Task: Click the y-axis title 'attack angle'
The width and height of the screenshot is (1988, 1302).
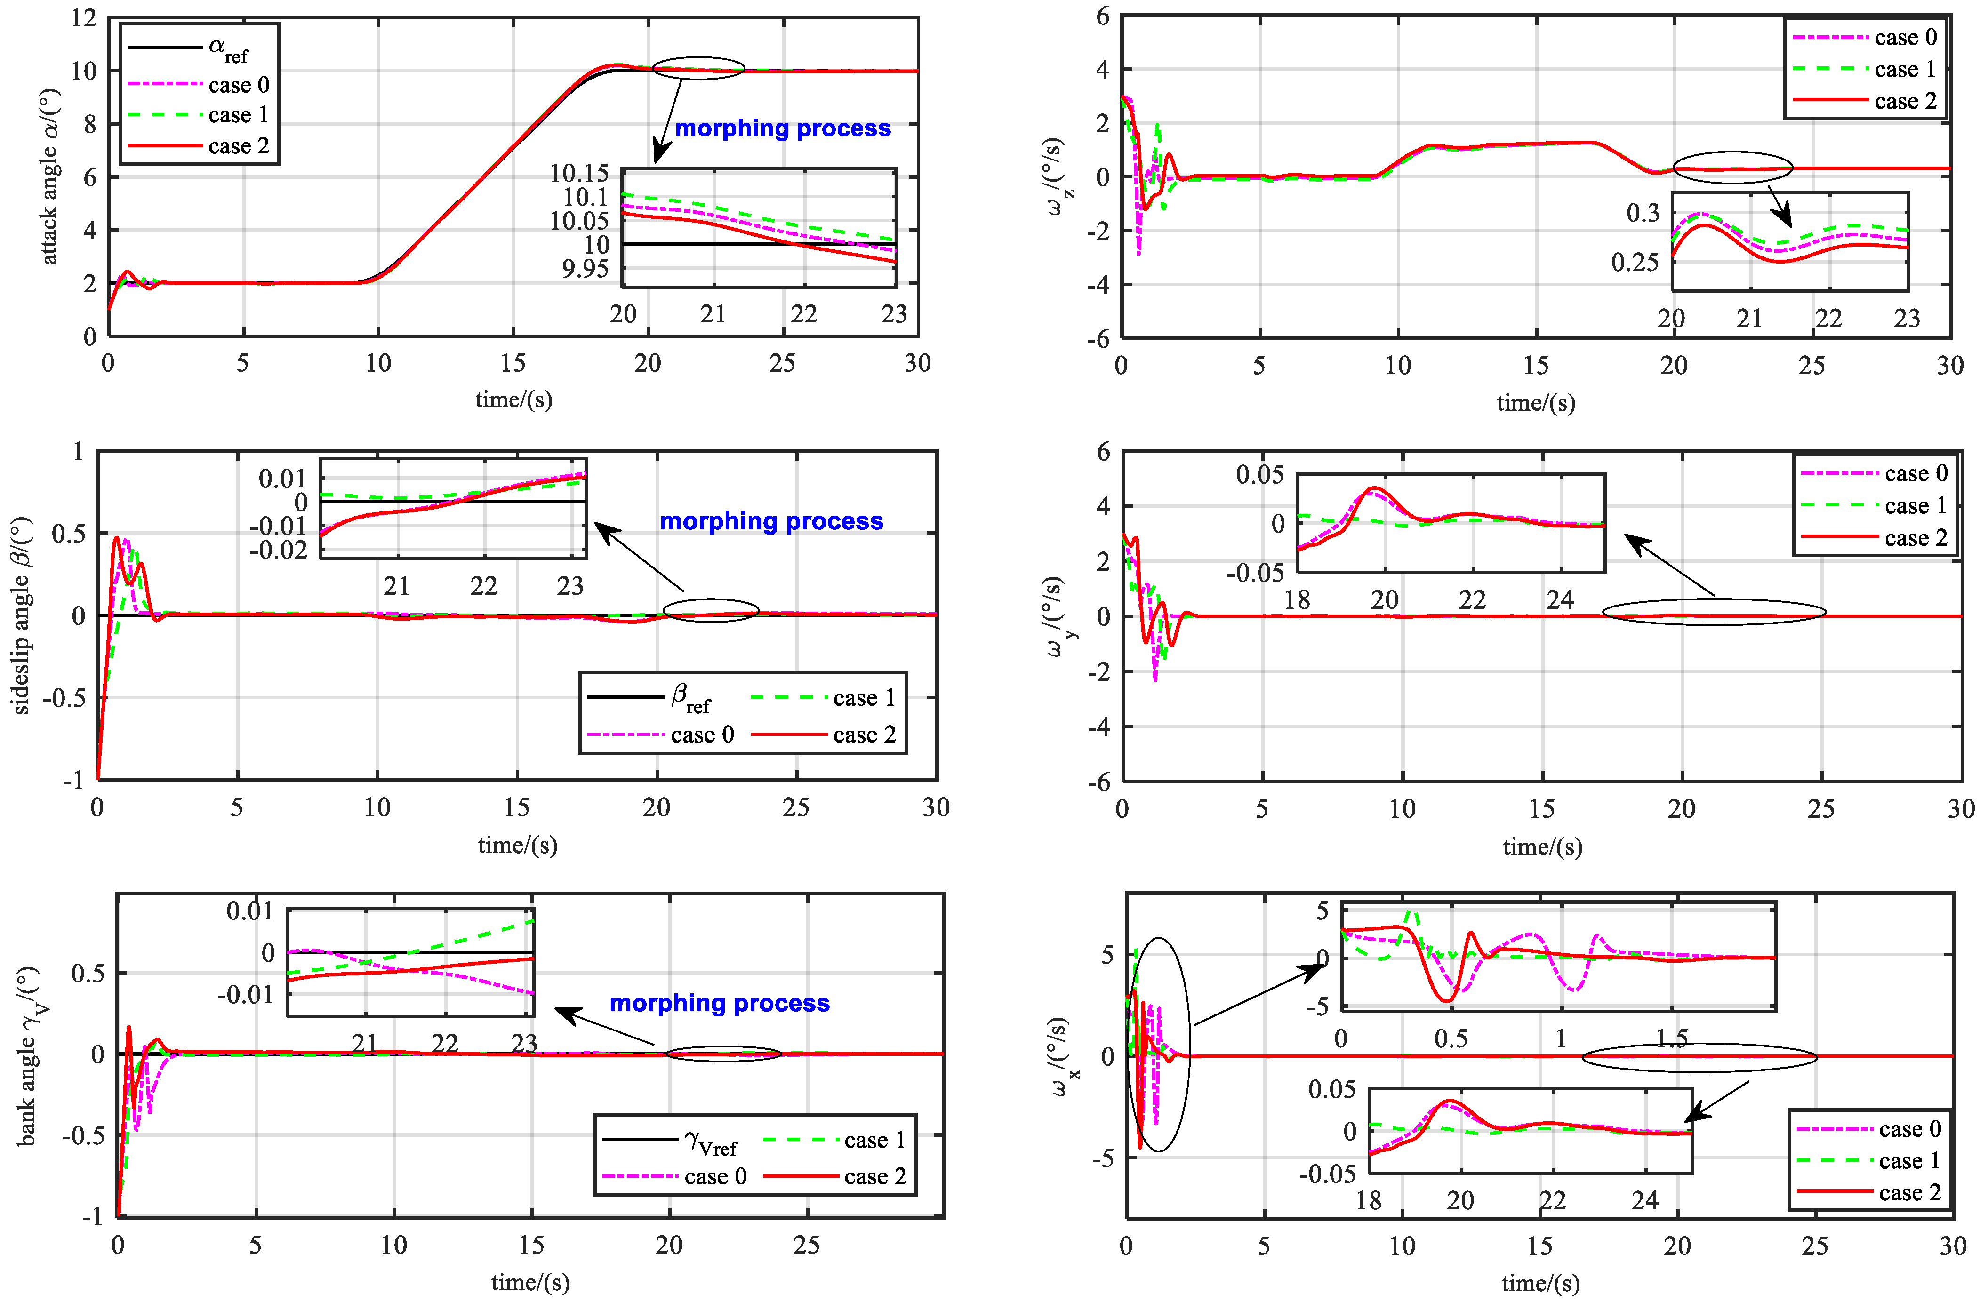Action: click(50, 177)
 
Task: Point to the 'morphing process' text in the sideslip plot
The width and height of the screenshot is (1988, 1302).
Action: click(771, 521)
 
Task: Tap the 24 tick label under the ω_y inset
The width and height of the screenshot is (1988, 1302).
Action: click(1559, 599)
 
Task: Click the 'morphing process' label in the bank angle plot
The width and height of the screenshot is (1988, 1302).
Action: click(719, 1003)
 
